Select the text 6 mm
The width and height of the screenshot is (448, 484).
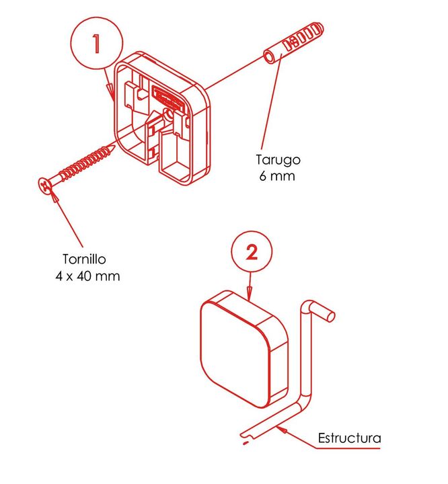pos(277,176)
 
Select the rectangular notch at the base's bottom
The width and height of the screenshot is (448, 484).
pos(176,160)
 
